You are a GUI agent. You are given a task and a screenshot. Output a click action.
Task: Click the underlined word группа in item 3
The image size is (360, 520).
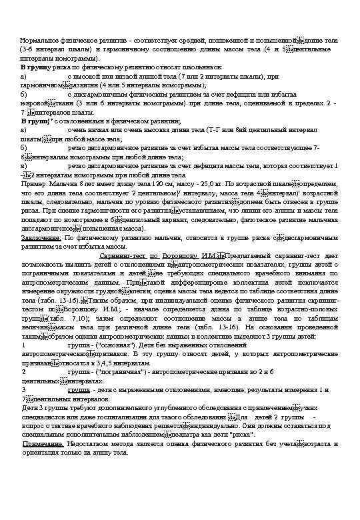click(79, 389)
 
